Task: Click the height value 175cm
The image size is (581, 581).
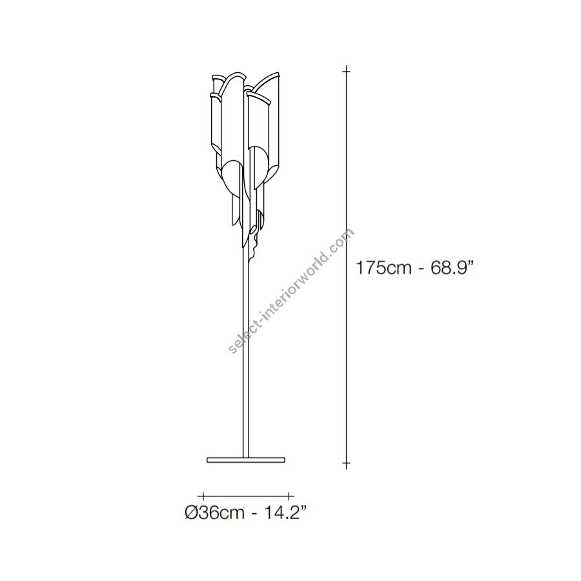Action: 383,267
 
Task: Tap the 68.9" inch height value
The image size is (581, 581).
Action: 452,267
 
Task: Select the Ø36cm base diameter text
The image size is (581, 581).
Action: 214,513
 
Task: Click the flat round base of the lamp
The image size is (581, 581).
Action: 246,460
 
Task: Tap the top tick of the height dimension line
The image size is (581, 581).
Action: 347,70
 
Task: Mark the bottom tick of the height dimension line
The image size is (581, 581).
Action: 347,463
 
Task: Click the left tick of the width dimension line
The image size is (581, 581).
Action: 203,496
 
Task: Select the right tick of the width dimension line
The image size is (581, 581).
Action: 289,496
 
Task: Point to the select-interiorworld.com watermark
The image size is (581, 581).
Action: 291,291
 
